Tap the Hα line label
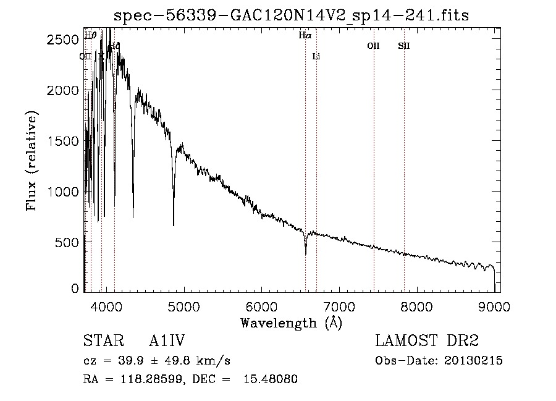coord(305,36)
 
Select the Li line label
coord(316,56)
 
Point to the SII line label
coord(403,46)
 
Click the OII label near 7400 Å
coord(373,46)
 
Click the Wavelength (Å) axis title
coord(291,323)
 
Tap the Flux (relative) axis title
coord(32,161)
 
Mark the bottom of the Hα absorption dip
coord(305,253)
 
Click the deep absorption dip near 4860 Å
coord(174,226)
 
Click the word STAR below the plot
coord(101,341)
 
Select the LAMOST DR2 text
coord(427,341)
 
